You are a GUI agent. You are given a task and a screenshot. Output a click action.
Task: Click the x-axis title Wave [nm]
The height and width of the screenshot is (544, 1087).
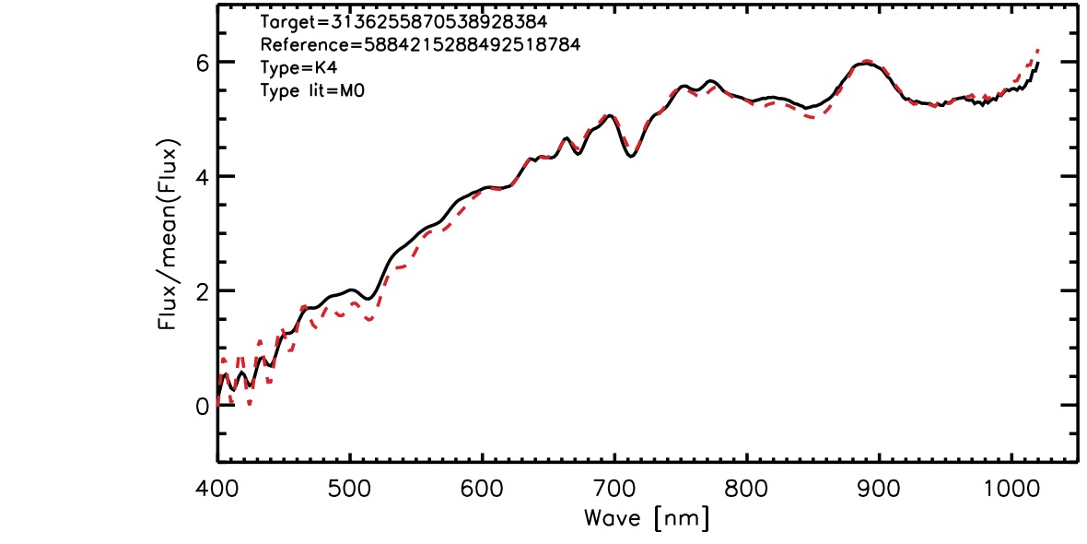pyautogui.click(x=647, y=518)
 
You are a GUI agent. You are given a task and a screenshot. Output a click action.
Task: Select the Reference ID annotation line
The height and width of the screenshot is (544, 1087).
pyautogui.click(x=420, y=45)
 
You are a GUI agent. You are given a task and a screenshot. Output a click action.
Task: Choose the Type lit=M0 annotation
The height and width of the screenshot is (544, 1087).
pyautogui.click(x=312, y=90)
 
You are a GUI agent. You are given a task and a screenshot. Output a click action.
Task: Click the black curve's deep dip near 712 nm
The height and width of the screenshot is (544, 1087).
pyautogui.click(x=631, y=157)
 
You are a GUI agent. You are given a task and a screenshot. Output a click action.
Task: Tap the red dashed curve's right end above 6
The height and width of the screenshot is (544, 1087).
pyautogui.click(x=1039, y=49)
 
